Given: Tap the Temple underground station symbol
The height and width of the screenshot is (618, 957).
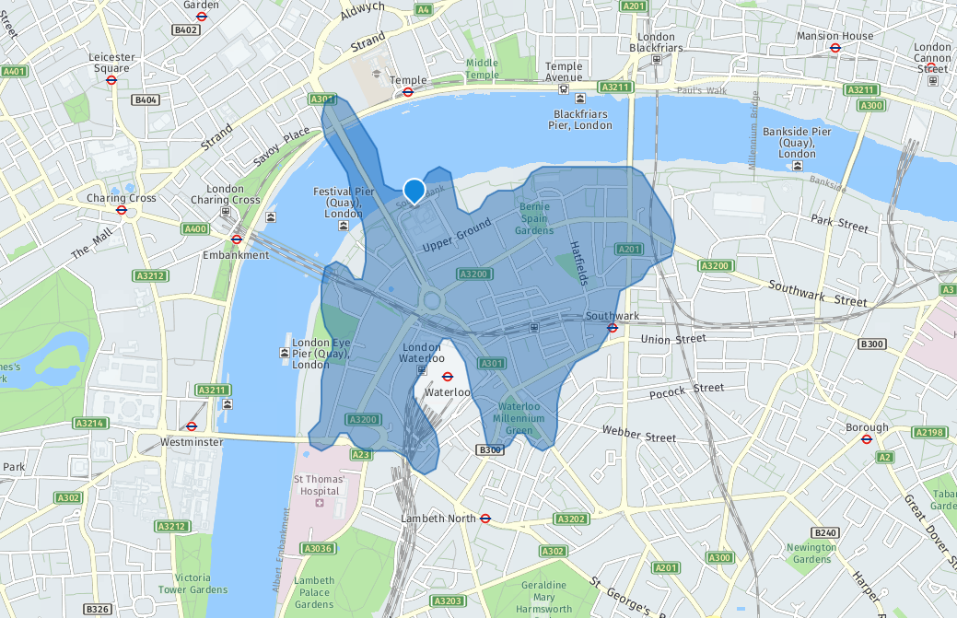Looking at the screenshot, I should coord(407,92).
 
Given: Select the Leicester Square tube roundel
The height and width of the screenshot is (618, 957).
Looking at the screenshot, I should coord(111,80).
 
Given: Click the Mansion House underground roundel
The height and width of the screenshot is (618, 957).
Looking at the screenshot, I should coord(835,49).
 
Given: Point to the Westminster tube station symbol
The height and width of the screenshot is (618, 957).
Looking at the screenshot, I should coord(192,426).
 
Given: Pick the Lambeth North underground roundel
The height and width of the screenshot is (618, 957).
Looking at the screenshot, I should coord(485,519).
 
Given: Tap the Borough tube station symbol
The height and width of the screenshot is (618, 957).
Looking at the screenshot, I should coord(867,439).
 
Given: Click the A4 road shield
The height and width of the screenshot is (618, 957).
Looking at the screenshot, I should coord(424,9).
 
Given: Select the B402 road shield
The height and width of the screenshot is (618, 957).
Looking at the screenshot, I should coord(186,29).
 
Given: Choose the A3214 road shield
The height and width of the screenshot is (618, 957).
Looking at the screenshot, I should coord(88,424).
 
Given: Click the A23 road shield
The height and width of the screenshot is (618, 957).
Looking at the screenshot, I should coord(361,454).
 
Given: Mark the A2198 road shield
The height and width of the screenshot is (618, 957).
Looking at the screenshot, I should coord(929,432).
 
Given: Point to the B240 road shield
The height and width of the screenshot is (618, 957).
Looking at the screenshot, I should coord(824,533).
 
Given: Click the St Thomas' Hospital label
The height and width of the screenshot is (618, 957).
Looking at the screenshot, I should coord(319,485).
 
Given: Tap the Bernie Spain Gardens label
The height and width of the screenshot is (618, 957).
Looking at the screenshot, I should coord(534,218).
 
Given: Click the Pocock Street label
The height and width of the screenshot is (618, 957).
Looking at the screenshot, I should coord(688,391).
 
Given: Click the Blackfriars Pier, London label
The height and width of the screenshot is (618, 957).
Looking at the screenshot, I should coord(581,119).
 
